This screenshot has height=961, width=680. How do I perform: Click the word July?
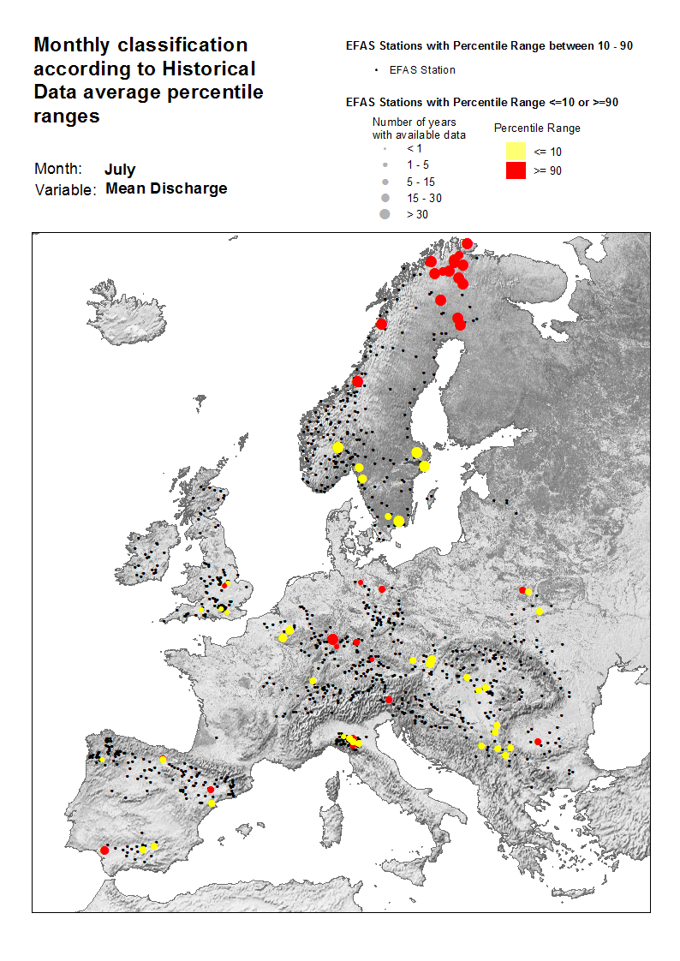[x=120, y=170]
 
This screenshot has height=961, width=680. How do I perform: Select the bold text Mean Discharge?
[x=166, y=188]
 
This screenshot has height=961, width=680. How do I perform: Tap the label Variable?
[x=65, y=189]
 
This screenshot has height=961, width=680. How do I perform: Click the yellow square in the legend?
[x=515, y=152]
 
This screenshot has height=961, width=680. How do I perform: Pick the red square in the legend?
[x=515, y=170]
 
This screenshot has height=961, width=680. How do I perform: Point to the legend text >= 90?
[x=548, y=171]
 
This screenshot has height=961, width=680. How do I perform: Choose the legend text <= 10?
[x=548, y=152]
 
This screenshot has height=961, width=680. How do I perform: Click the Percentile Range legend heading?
[x=538, y=128]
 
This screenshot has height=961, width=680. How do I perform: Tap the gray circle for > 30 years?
[x=385, y=214]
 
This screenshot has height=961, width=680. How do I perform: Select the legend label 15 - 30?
[x=424, y=198]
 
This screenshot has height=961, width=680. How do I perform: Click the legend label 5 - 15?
[x=421, y=182]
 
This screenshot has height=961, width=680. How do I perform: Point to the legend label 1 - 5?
[x=418, y=164]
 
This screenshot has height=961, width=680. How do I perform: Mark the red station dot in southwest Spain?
[x=104, y=850]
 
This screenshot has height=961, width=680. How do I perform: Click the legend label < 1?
[x=415, y=148]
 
